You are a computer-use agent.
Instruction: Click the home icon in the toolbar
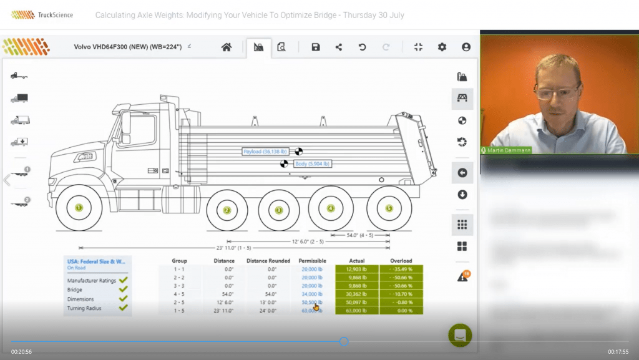click(227, 47)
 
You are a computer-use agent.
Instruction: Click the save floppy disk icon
click(316, 47)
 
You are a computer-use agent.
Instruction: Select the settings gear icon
click(442, 47)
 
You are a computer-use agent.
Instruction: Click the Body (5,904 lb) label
click(311, 163)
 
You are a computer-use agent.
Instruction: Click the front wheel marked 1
click(79, 208)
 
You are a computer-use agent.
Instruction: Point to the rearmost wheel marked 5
click(389, 208)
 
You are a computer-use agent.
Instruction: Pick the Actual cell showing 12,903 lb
click(357, 269)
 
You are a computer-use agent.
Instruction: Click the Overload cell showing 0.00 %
click(401, 310)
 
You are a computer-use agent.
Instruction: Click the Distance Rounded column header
click(268, 261)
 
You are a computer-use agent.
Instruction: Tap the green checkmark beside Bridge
click(123, 289)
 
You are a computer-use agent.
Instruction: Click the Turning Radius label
click(86, 308)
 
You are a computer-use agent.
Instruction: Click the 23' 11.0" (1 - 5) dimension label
click(234, 248)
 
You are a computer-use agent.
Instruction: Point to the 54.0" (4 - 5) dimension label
click(359, 235)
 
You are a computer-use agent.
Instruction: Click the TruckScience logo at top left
click(42, 14)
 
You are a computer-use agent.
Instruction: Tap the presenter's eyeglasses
click(557, 93)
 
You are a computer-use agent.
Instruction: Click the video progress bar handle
click(344, 341)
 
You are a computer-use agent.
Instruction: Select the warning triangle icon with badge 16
click(462, 276)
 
